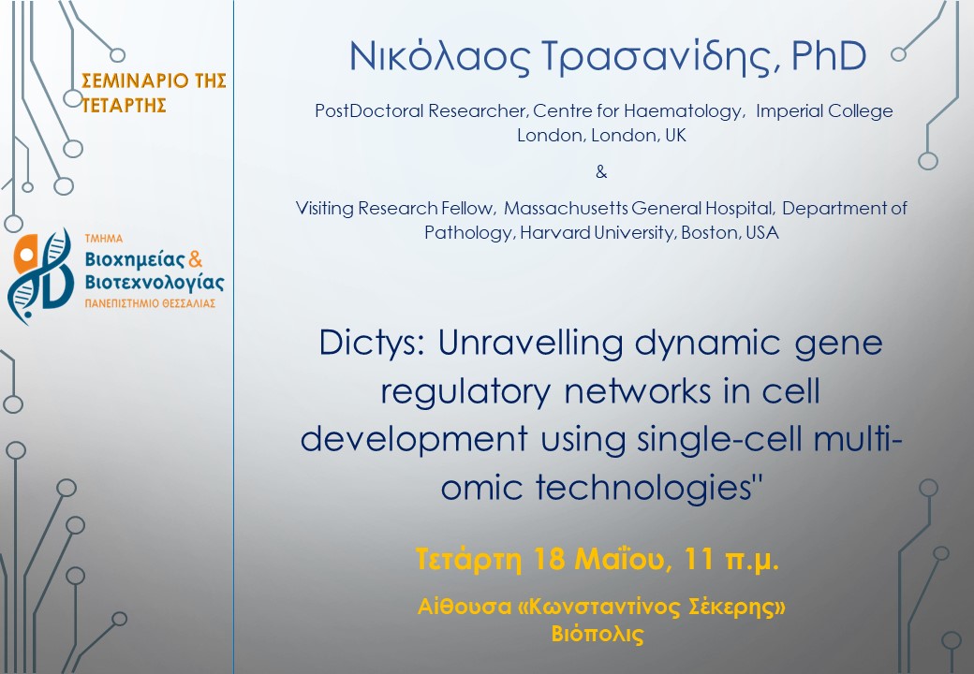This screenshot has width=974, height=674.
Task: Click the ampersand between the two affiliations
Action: tap(600, 171)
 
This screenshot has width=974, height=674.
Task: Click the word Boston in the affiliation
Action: tap(708, 232)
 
